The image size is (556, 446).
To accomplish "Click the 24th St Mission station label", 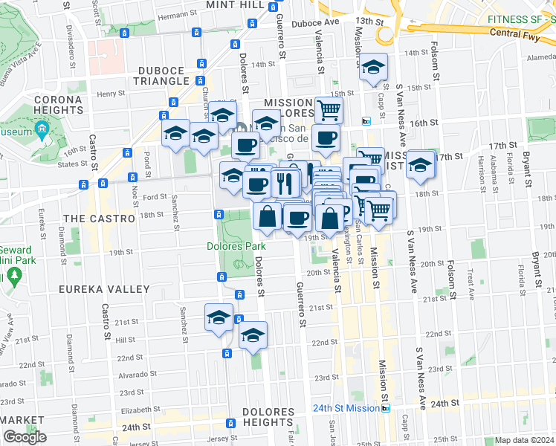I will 346,408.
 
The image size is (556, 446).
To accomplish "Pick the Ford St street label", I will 154,197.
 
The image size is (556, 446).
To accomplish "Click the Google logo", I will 25,437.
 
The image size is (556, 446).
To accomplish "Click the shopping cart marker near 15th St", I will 328,110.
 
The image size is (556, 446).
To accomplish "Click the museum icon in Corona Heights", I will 42,132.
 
